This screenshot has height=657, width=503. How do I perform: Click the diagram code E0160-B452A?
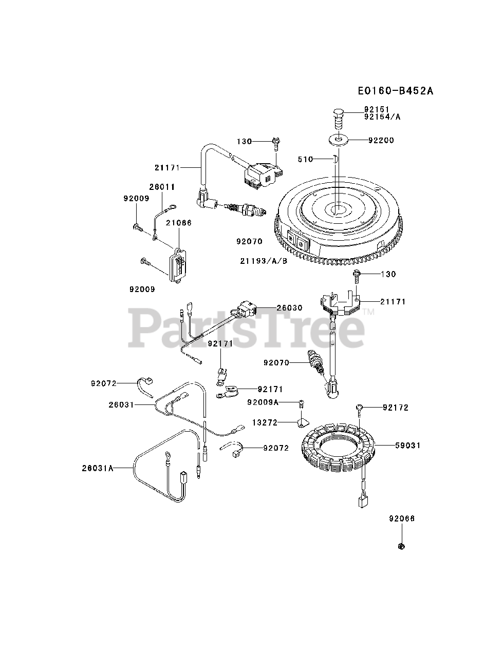coord(396,91)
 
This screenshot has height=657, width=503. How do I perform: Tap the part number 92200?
coord(381,140)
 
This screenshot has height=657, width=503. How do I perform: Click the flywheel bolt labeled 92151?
coord(338,115)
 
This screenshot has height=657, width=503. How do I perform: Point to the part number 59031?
coord(408,446)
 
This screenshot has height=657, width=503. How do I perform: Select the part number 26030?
coord(289,308)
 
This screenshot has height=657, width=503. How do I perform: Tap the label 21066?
coord(178,223)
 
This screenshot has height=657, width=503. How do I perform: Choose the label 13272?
coord(265,422)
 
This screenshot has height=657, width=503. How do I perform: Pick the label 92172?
coord(396,408)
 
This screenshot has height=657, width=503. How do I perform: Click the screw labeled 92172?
coord(359,409)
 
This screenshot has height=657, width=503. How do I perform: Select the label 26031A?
coord(98,468)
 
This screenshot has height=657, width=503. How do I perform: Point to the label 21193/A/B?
coord(264,261)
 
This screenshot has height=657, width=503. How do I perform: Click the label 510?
coord(305,160)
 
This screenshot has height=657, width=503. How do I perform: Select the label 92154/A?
coord(382,117)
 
